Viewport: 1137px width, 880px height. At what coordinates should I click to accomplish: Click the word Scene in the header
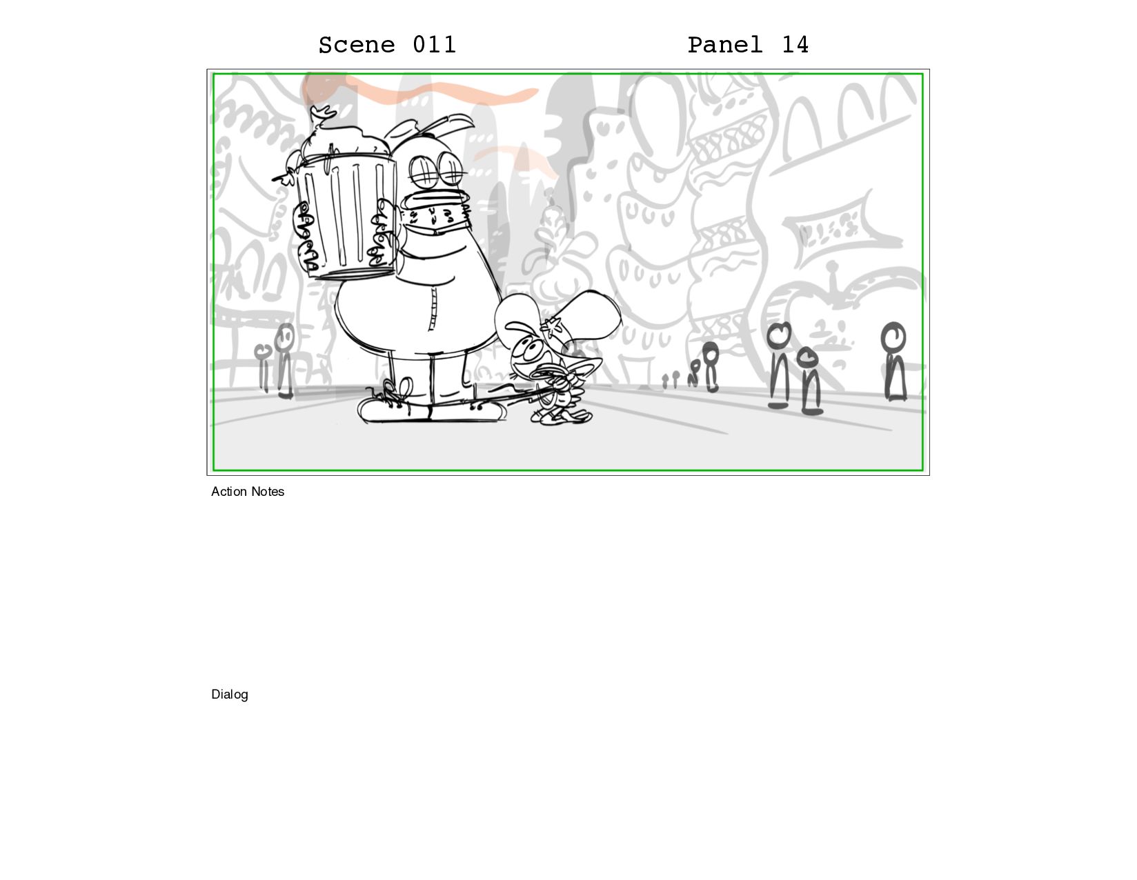356,45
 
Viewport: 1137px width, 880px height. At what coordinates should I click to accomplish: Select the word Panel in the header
724,45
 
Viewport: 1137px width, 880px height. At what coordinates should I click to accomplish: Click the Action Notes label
248,492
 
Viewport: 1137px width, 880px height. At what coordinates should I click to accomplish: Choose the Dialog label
229,694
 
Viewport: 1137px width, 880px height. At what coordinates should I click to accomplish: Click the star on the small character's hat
552,327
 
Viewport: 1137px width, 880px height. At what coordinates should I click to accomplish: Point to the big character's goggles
437,170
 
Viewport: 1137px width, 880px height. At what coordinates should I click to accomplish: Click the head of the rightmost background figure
893,337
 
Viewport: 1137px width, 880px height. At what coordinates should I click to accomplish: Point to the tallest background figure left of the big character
285,361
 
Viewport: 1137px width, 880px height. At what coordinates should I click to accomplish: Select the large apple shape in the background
842,334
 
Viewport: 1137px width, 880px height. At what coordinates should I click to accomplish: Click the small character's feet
562,417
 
